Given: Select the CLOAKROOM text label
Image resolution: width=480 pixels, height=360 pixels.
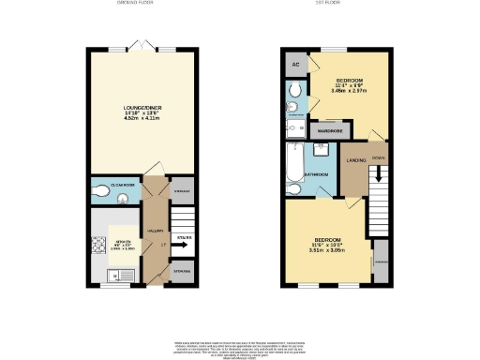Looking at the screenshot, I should pos(125,187).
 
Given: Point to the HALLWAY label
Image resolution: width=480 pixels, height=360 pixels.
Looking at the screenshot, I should pos(156,230).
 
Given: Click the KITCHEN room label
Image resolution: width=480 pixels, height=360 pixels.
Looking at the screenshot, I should pos(122,245).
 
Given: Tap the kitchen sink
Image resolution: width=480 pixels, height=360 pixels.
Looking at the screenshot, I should pos(113,276).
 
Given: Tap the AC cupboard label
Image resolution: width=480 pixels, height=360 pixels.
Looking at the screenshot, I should pos(295,65).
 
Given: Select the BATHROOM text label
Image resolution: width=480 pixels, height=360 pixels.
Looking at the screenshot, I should pos(319,175).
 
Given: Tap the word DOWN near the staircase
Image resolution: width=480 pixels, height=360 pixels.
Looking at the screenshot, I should pos(378,158).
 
